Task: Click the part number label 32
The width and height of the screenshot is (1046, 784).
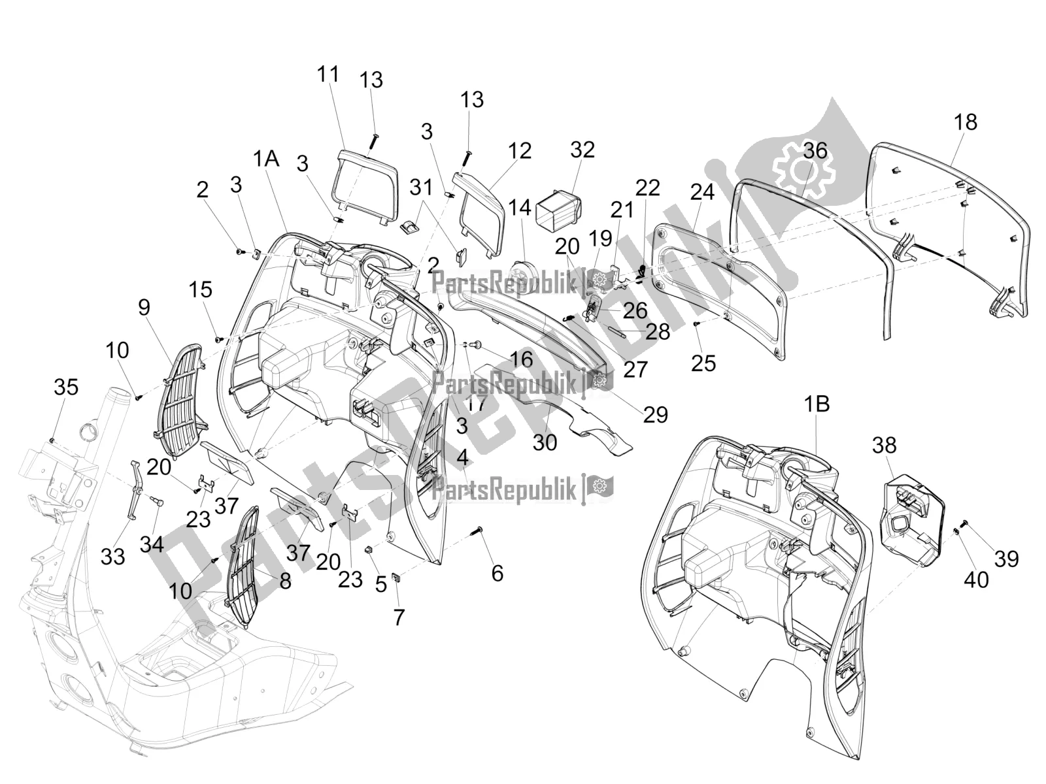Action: (582, 150)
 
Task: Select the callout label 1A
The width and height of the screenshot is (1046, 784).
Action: (267, 158)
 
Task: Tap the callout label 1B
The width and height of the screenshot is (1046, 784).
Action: (817, 404)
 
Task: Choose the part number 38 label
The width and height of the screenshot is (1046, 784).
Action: (884, 446)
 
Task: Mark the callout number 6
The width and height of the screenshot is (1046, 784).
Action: (497, 574)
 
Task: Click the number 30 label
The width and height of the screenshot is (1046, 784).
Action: (545, 442)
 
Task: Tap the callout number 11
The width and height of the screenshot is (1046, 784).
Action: (328, 74)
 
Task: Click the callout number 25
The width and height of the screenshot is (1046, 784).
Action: (703, 363)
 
